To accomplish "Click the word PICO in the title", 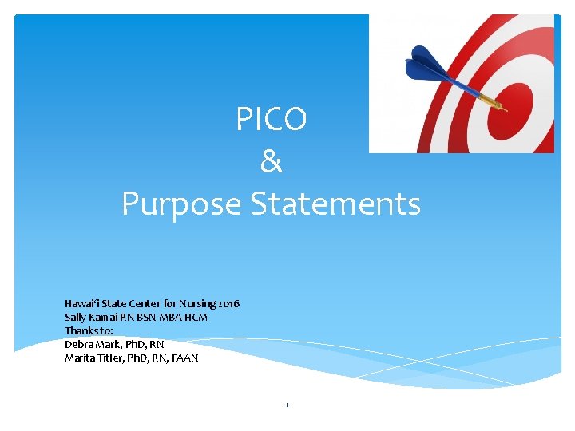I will pos(272,120).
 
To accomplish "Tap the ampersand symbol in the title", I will pos(272,162).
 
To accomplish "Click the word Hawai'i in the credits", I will pos(81,304).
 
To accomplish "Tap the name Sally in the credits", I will pos(76,318).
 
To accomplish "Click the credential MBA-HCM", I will pos(184,318).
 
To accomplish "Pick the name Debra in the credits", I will pos(78,345).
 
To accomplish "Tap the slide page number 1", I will pos(287,406).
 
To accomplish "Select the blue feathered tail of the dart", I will pos(423,64).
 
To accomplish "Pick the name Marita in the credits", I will pos(80,358).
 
